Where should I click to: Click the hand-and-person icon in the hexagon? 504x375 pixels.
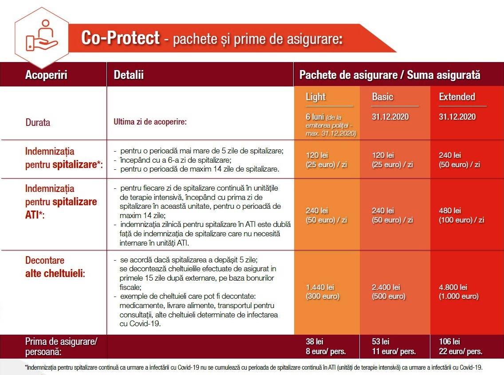point(42,35)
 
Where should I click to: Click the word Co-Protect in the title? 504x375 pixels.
point(120,38)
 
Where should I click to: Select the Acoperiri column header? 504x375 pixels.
point(46,75)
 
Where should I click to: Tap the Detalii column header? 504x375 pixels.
point(129,75)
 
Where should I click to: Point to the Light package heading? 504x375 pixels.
point(315,97)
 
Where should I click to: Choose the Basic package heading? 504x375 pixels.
point(382,97)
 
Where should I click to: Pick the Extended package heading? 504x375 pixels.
point(457,97)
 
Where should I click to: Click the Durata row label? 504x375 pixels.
point(38,122)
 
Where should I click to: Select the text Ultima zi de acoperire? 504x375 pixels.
point(150,122)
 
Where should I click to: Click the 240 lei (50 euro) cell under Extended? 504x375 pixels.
point(459,160)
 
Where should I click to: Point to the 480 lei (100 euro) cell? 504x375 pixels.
point(461,215)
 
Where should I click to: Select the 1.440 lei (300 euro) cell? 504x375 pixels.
point(323,292)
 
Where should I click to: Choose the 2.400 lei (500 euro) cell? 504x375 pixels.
point(389,292)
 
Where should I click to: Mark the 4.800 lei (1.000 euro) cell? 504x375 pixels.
point(459,292)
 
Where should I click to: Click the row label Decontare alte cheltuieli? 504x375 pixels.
point(55,267)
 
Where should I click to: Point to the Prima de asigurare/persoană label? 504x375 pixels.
point(61,347)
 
